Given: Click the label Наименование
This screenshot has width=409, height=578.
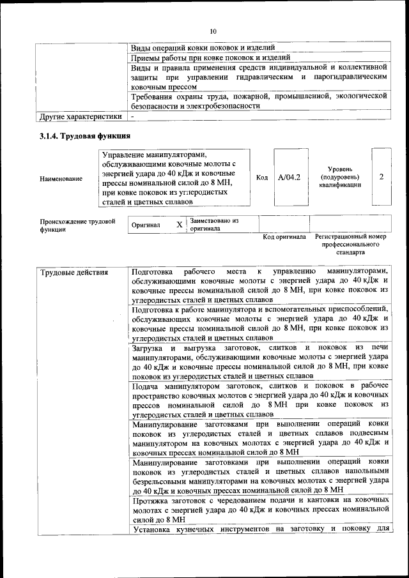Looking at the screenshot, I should point(61,179).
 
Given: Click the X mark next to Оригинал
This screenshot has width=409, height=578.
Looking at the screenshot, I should point(180,225).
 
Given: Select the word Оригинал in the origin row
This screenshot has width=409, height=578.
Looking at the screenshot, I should point(146,225).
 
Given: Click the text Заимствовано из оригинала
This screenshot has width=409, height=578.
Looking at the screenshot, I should point(214,224).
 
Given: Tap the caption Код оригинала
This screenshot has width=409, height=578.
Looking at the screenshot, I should point(284,237).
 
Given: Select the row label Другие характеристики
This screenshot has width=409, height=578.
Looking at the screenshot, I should point(81,117).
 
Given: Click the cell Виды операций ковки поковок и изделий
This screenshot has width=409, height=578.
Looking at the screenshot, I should point(203,48).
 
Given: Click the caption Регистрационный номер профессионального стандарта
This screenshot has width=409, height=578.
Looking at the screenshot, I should point(350,245).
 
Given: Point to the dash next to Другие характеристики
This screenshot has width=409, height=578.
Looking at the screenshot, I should point(132,117).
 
